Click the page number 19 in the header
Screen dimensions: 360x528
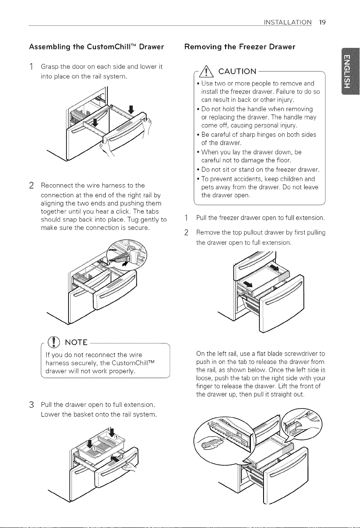pyautogui.click(x=322, y=22)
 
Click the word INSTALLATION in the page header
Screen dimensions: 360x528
pyautogui.click(x=288, y=22)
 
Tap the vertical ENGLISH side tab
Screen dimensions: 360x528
pyautogui.click(x=350, y=71)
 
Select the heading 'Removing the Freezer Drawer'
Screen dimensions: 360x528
pyautogui.click(x=240, y=47)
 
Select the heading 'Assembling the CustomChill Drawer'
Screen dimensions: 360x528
pyautogui.click(x=96, y=47)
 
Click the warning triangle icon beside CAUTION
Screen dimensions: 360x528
pyautogui.click(x=206, y=71)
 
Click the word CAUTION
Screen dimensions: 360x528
pyautogui.click(x=237, y=71)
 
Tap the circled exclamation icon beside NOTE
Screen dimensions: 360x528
pyautogui.click(x=53, y=342)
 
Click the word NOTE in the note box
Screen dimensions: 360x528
pyautogui.click(x=76, y=342)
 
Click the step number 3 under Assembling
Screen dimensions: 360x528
pyautogui.click(x=32, y=405)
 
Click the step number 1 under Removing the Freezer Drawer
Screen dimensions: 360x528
pyautogui.click(x=187, y=218)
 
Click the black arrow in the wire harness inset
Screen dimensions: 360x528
pyautogui.click(x=125, y=263)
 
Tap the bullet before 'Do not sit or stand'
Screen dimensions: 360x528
pyautogui.click(x=198, y=170)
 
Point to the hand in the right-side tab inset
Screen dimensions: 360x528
pyautogui.click(x=308, y=423)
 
